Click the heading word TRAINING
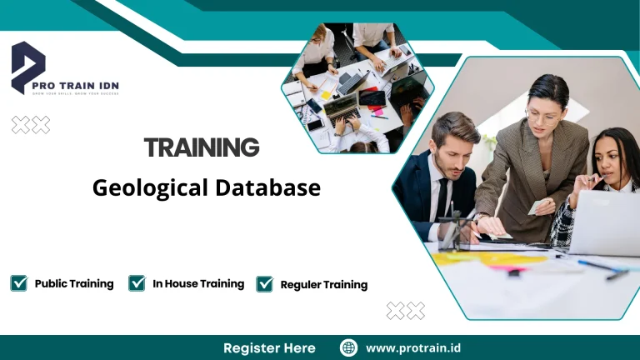202,148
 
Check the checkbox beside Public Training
18,283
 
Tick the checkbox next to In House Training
137,283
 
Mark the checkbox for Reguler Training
265,284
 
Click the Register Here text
269,347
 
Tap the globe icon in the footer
348,347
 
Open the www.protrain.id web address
414,347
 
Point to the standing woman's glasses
542,117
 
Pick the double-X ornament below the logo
31,125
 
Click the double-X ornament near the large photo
406,311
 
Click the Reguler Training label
323,285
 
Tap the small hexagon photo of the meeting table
357,87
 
